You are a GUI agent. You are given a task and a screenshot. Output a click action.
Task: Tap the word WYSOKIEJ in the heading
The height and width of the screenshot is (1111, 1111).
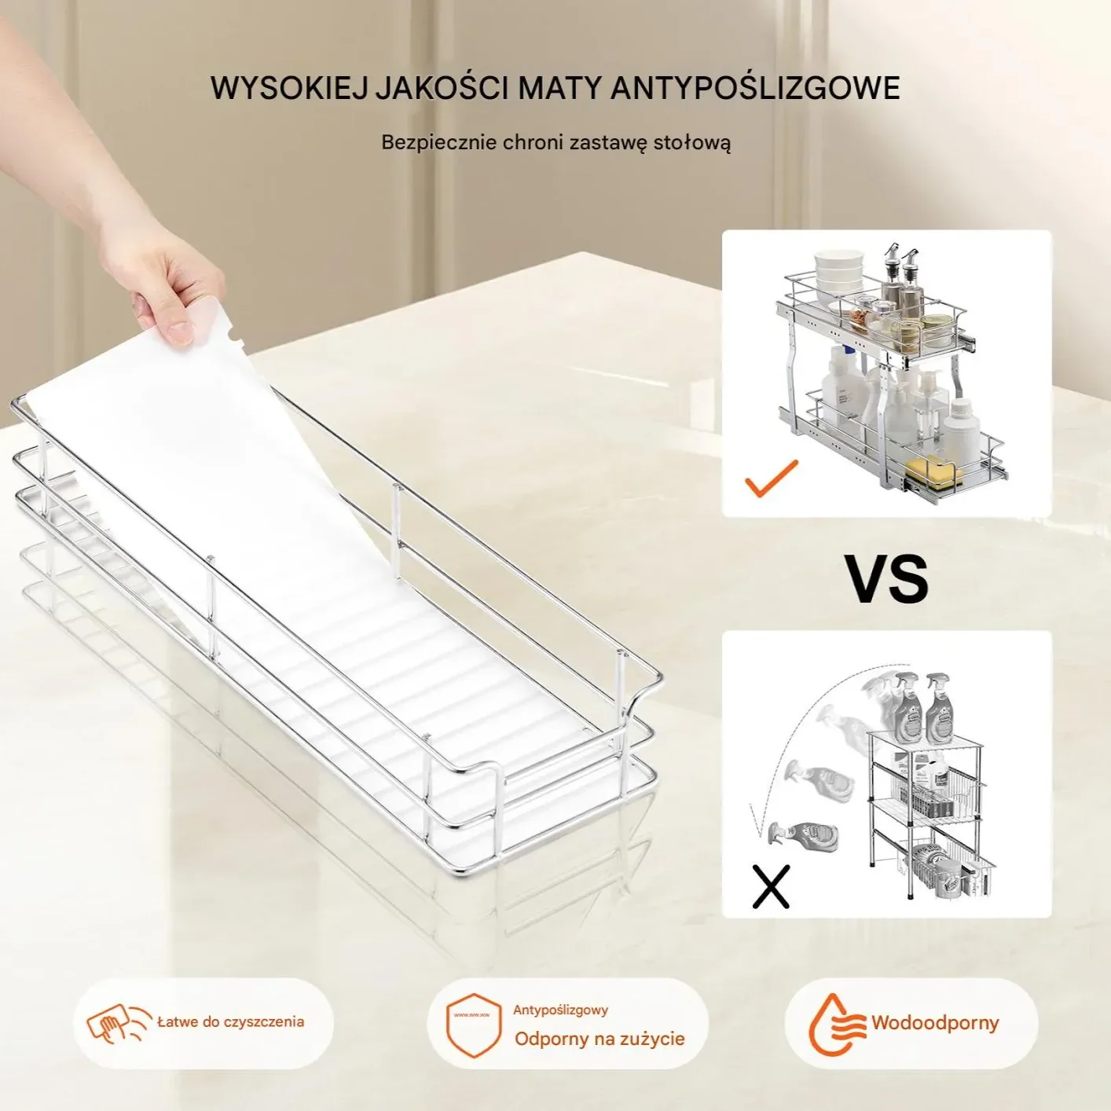pyautogui.click(x=288, y=88)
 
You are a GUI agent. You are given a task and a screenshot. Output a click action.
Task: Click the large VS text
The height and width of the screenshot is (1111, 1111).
pyautogui.click(x=886, y=579)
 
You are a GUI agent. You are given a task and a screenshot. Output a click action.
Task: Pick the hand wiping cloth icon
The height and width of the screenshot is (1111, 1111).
pyautogui.click(x=115, y=1023)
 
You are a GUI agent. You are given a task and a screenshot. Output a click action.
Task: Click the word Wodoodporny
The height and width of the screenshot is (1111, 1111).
pyautogui.click(x=934, y=1023)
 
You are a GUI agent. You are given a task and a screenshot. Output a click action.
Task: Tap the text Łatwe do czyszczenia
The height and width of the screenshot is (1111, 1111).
pyautogui.click(x=231, y=1022)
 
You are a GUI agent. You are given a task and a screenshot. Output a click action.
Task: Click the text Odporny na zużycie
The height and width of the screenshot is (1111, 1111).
pyautogui.click(x=599, y=1039)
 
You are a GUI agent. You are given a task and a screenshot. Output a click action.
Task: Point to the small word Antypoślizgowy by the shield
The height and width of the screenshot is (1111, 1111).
pyautogui.click(x=560, y=1010)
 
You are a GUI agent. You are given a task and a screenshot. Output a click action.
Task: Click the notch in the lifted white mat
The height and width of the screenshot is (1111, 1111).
pyautogui.click(x=236, y=335)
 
